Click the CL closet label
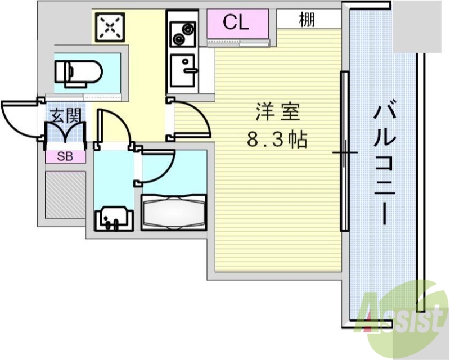[236, 22]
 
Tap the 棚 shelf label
[307, 20]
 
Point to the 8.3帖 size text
[278, 139]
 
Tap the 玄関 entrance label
[65, 116]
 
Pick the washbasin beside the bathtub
[114, 218]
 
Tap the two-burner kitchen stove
[182, 33]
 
